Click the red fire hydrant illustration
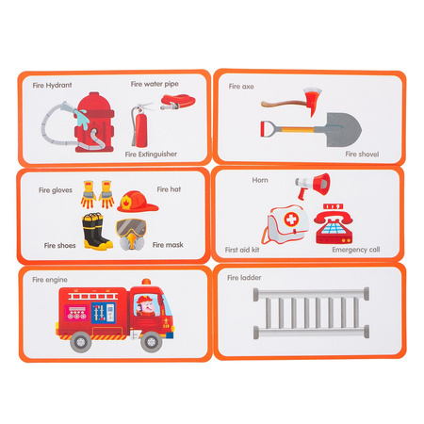click(x=94, y=122)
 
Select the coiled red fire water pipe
click(x=178, y=102)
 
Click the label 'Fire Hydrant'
click(x=52, y=85)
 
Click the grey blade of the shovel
click(x=343, y=130)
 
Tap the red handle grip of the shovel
click(x=266, y=128)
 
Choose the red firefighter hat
click(x=138, y=202)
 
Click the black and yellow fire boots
click(x=97, y=231)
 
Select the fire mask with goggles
click(x=131, y=235)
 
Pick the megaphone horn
click(x=313, y=186)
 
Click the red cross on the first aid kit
click(x=291, y=219)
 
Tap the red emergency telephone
click(x=334, y=223)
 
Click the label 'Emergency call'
click(x=356, y=250)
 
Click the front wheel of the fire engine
click(x=152, y=341)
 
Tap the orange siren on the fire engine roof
click(x=146, y=282)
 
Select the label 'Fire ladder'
click(x=244, y=278)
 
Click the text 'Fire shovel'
click(x=362, y=155)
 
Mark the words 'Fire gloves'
click(x=56, y=190)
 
